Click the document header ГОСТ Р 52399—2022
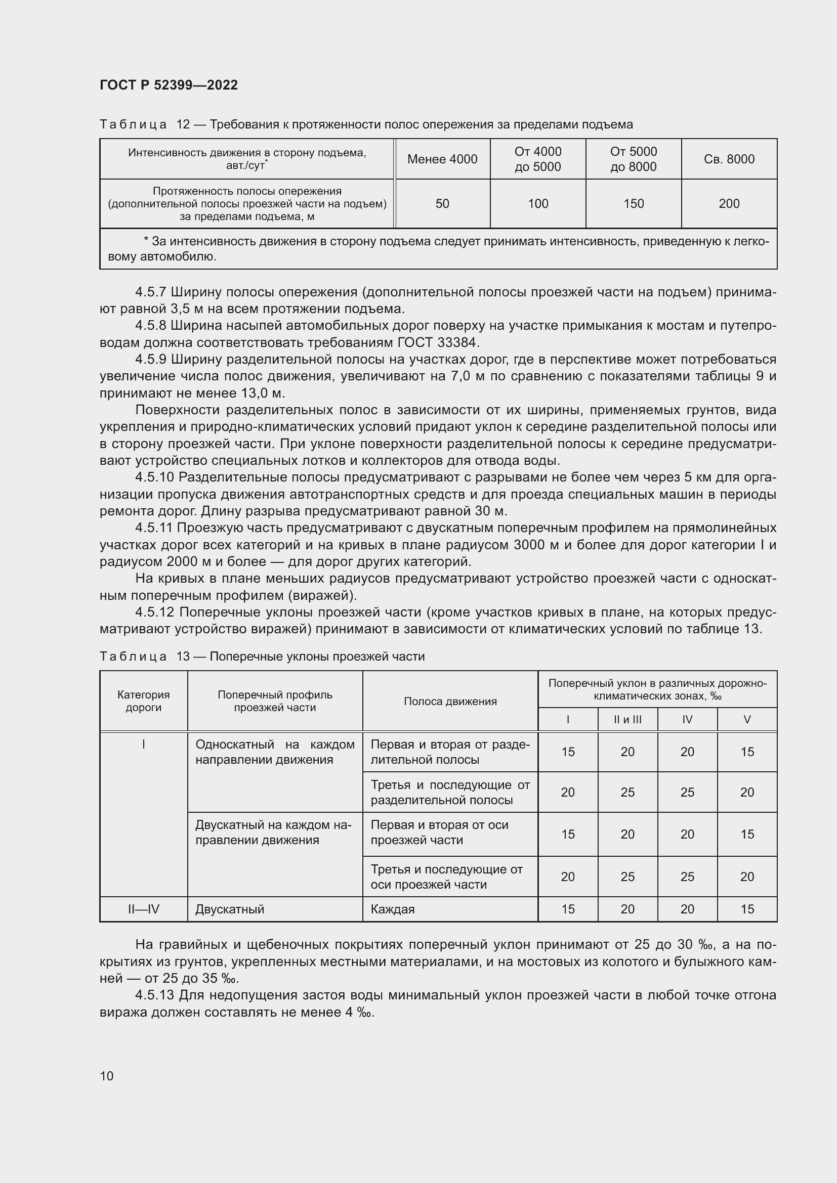[169, 85]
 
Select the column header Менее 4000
[442, 159]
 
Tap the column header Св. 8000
[729, 159]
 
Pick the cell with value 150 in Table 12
[634, 203]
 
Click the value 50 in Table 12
[442, 203]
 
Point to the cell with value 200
[729, 203]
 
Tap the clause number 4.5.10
[155, 477]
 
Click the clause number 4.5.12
[155, 612]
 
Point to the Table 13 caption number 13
[183, 656]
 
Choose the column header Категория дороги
[143, 700]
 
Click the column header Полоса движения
[450, 701]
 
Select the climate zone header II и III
[627, 719]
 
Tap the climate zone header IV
[687, 719]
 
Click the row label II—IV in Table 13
[143, 909]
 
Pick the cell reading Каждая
[393, 909]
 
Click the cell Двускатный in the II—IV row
[229, 909]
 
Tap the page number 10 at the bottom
[107, 1076]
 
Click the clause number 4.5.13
[155, 995]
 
